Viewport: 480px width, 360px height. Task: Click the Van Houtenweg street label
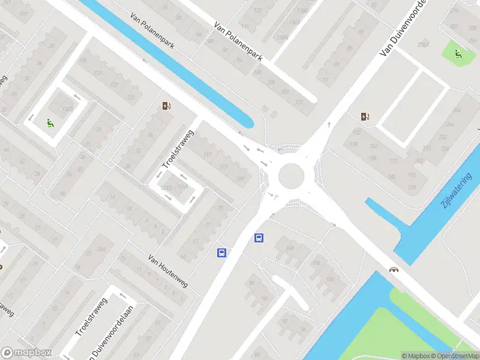168,270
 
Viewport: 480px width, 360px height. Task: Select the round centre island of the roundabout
292,175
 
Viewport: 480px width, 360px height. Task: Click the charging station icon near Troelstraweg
166,106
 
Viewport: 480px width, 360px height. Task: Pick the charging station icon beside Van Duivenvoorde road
365,116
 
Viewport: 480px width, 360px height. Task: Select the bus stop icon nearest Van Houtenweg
221,253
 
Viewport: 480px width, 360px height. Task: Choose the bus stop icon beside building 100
259,238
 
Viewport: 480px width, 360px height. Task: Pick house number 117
208,156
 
